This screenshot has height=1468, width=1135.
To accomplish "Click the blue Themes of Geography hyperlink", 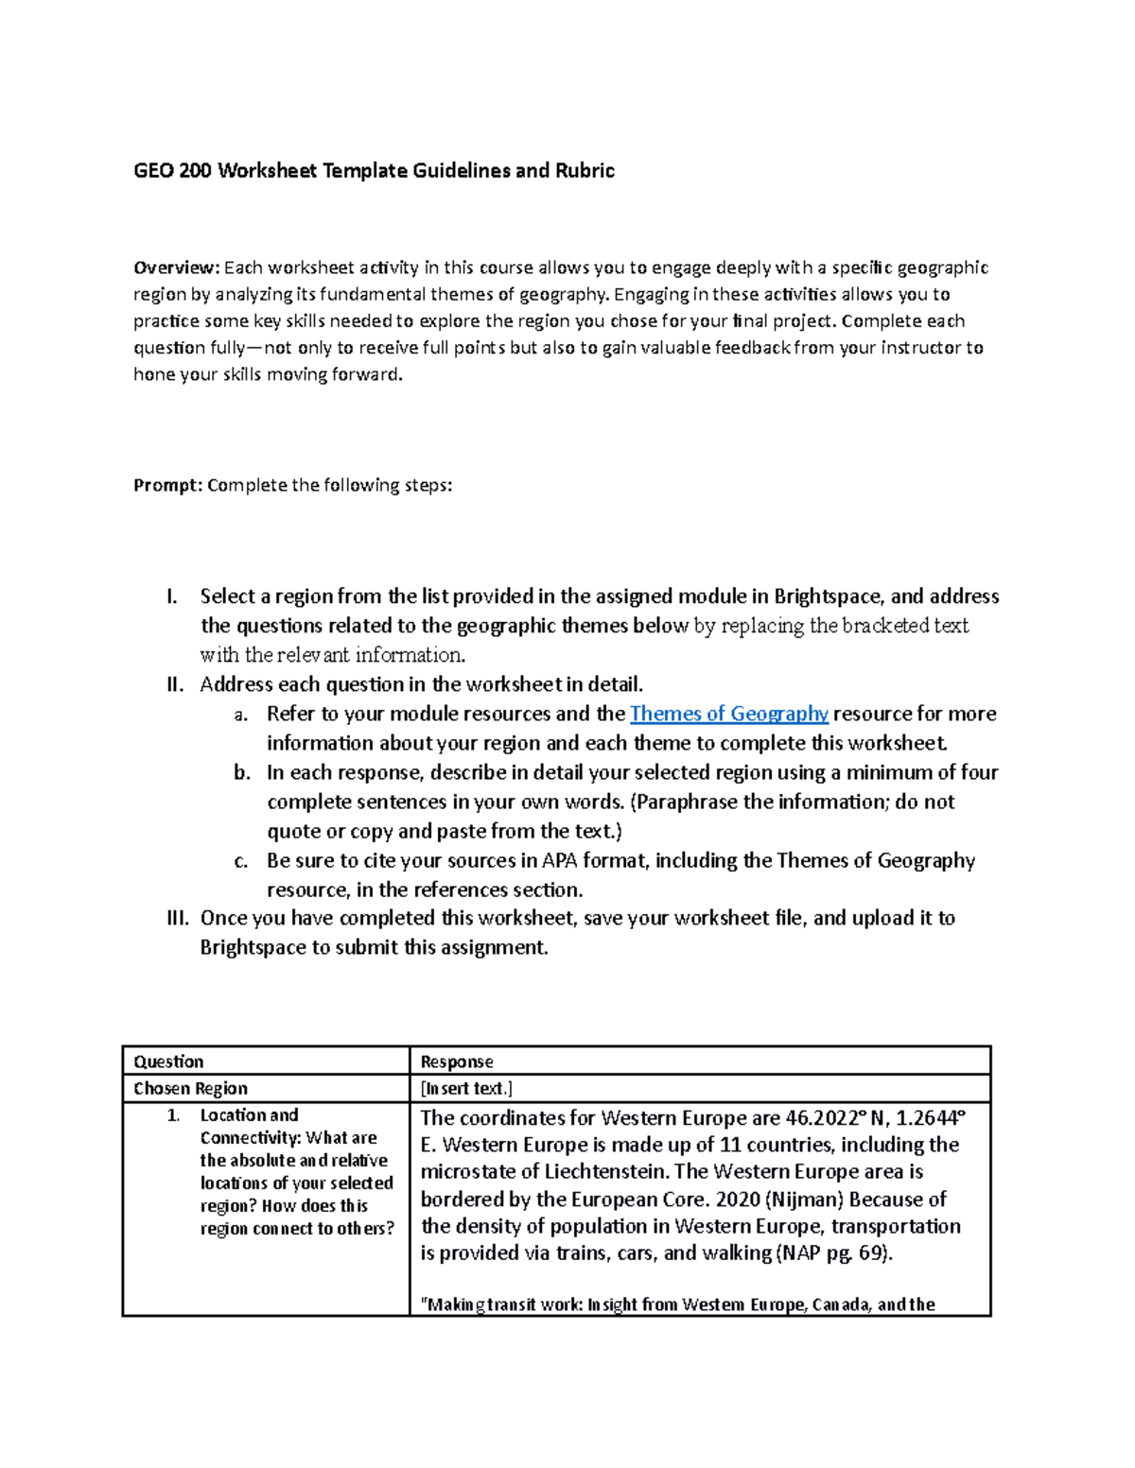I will pyautogui.click(x=728, y=714).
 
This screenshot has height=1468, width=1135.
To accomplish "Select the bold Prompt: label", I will pyautogui.click(x=167, y=485).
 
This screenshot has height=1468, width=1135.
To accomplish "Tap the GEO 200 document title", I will pyautogui.click(x=374, y=170).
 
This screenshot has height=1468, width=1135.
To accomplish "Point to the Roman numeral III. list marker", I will pyautogui.click(x=177, y=918).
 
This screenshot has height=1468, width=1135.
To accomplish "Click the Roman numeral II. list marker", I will pyautogui.click(x=175, y=684).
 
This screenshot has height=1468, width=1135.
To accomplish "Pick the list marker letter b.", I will pyautogui.click(x=242, y=772).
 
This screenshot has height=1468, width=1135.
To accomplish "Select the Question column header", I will pyautogui.click(x=168, y=1062).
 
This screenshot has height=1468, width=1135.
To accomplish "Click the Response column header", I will pyautogui.click(x=457, y=1062).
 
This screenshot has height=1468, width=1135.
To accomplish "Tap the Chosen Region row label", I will pyautogui.click(x=190, y=1088).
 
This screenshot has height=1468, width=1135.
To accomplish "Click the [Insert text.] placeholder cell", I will pyautogui.click(x=466, y=1088).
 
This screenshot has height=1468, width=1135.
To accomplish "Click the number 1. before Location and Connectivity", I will pyautogui.click(x=173, y=1115).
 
